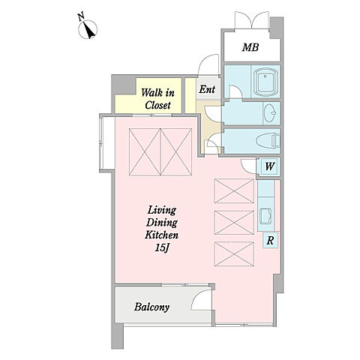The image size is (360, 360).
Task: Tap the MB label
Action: (250, 47)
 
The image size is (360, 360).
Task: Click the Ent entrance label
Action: (207, 89)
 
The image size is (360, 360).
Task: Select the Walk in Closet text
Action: (157, 99)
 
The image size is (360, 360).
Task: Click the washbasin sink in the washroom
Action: (270, 113)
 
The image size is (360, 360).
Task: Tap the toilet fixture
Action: (268, 141)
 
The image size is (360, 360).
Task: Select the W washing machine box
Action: (269, 166)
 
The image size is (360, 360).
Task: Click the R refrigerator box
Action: (270, 240)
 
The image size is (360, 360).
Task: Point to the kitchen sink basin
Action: (265, 216)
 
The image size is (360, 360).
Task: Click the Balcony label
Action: (151, 307)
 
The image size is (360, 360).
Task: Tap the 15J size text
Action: (162, 247)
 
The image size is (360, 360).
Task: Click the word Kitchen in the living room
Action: (162, 235)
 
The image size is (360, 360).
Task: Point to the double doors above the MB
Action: (252, 20)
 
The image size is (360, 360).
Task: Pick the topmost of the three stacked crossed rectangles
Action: (234, 191)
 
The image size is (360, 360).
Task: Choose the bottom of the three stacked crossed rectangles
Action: (234, 254)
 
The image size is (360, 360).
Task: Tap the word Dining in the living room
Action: (162, 223)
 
